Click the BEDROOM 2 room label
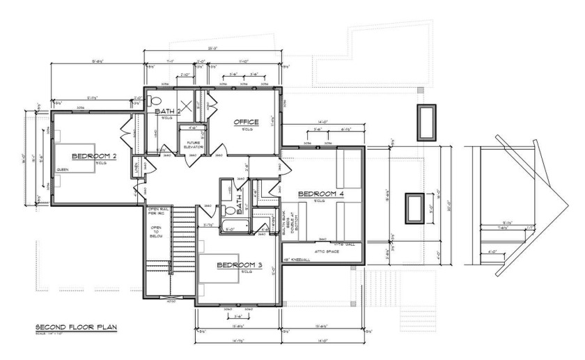pos(93,156)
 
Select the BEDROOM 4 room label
pos(321,193)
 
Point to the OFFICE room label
pos(246,123)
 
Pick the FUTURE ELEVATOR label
pos(193,146)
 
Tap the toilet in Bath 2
pos(155,101)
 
